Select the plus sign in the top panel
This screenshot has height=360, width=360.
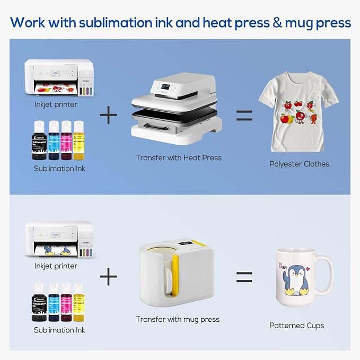tap(109, 115)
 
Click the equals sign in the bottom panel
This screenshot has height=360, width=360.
tap(244, 276)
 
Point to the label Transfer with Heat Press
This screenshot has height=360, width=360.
tap(179, 157)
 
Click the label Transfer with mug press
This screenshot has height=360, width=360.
tap(178, 319)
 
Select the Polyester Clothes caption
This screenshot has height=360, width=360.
tap(299, 164)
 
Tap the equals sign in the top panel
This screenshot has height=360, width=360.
tap(244, 115)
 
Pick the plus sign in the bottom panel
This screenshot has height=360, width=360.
tap(109, 276)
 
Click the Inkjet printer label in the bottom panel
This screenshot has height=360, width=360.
tap(56, 266)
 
